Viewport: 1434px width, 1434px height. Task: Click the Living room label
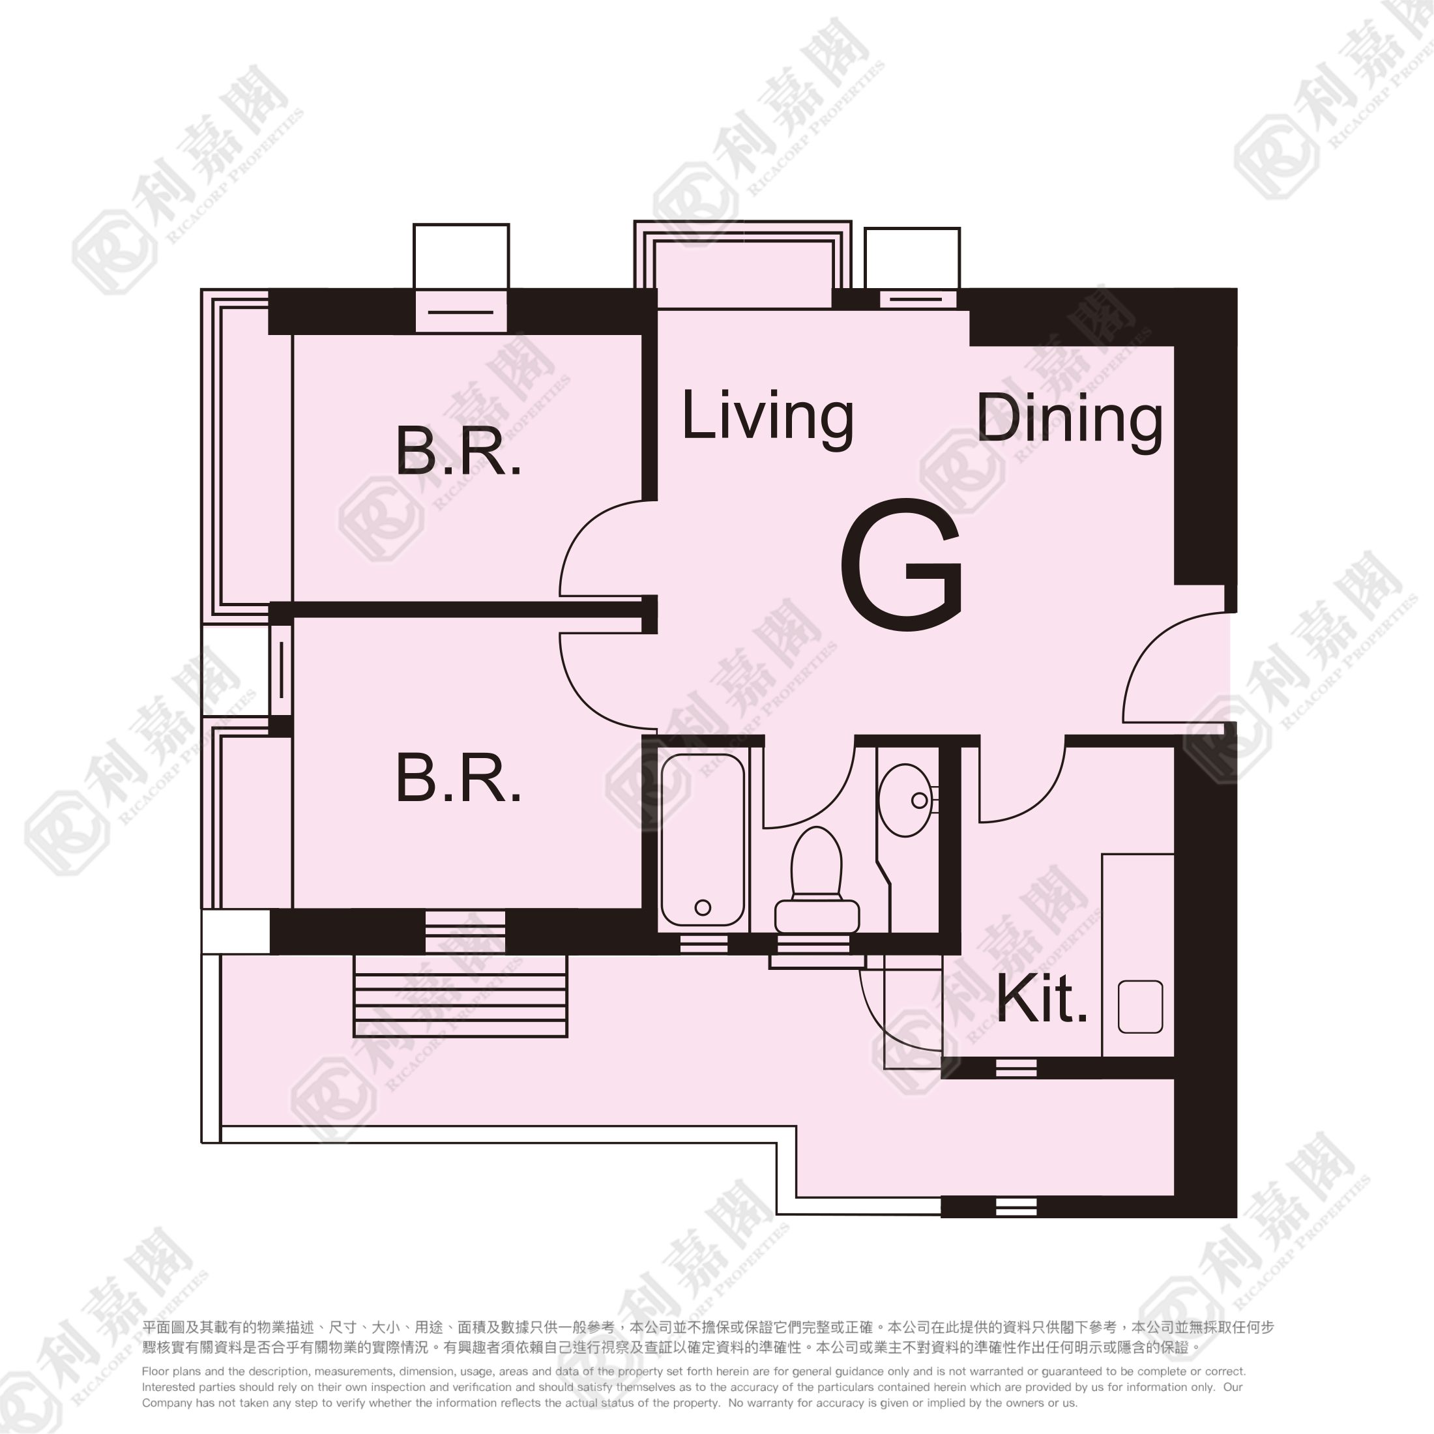[767, 417]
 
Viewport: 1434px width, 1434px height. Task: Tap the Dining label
[1070, 420]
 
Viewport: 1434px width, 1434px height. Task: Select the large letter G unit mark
[902, 565]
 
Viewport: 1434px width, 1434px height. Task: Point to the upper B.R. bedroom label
[459, 450]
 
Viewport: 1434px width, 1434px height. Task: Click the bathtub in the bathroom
[702, 840]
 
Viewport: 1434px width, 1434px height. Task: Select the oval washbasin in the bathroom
[905, 800]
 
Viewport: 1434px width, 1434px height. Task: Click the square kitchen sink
[1140, 1006]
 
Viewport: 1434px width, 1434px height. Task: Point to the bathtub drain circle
[703, 907]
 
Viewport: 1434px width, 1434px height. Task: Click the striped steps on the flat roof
[460, 995]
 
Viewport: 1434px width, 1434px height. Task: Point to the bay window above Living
[742, 264]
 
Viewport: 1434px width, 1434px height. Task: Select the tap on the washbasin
[920, 800]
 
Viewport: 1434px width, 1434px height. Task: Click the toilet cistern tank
[817, 916]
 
